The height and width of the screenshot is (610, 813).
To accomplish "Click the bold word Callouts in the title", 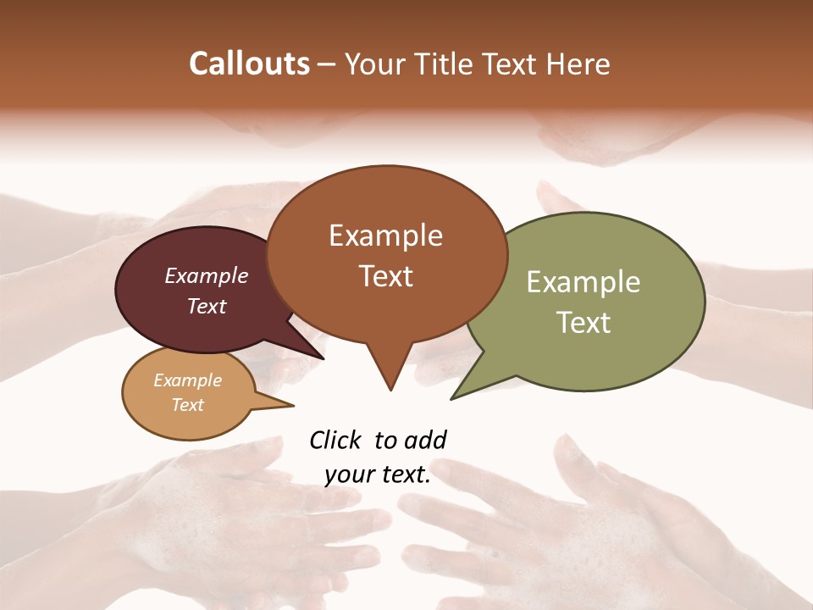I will pyautogui.click(x=249, y=64).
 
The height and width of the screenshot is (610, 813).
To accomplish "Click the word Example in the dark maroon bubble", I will pyautogui.click(x=207, y=275).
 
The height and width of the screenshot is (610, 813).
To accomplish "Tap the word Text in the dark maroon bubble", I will pyautogui.click(x=207, y=306).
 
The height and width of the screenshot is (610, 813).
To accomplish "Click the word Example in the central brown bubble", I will pyautogui.click(x=385, y=236).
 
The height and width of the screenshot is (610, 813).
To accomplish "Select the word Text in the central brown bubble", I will pyautogui.click(x=385, y=275).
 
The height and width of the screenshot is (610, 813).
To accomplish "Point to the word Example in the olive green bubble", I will pyautogui.click(x=583, y=282).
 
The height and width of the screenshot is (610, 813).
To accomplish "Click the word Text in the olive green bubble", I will pyautogui.click(x=583, y=322).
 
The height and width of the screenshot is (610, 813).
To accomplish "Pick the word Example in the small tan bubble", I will pyautogui.click(x=188, y=380).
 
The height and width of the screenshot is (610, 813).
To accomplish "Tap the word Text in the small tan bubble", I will pyautogui.click(x=188, y=405).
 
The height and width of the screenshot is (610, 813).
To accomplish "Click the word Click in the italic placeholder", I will pyautogui.click(x=336, y=440).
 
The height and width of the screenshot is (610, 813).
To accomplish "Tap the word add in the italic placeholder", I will pyautogui.click(x=426, y=440).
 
